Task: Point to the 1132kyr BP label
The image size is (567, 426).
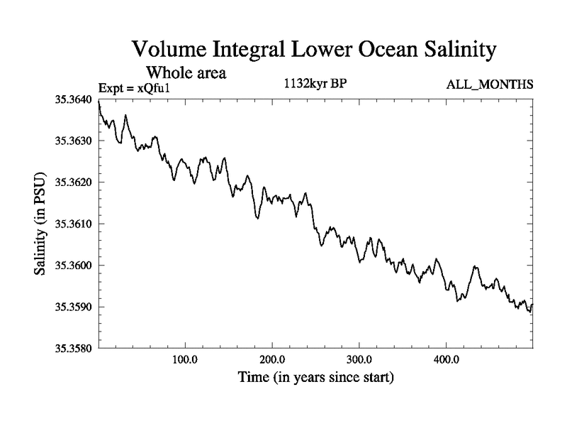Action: (x=314, y=83)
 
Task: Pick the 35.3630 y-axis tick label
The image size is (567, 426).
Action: (x=73, y=141)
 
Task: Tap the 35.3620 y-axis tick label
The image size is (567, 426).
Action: (x=73, y=182)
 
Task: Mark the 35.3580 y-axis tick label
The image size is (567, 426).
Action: (x=73, y=349)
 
